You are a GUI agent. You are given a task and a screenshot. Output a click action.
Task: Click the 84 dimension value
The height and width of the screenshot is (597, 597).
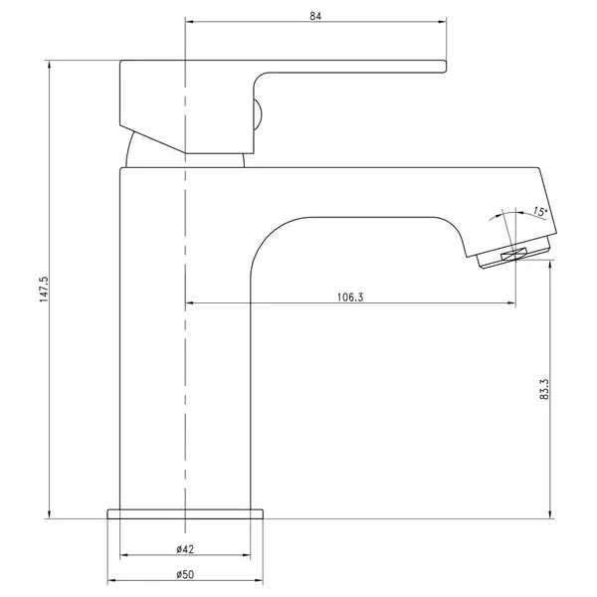tap(315, 16)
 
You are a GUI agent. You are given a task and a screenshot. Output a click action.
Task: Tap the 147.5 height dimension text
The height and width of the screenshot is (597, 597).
tap(44, 290)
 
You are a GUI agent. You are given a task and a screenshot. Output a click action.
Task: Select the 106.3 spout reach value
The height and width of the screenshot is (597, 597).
tap(350, 297)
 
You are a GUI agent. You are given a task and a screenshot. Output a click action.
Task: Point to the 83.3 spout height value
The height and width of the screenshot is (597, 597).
tap(544, 389)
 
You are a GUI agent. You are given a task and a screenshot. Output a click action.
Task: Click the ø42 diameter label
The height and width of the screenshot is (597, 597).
tap(185, 549)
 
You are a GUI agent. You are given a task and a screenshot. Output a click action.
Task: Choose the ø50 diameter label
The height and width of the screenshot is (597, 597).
tap(185, 574)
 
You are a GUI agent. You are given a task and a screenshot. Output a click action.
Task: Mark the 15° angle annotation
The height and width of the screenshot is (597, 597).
tap(540, 211)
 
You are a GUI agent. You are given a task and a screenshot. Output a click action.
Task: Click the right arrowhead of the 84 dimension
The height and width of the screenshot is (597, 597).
tap(442, 22)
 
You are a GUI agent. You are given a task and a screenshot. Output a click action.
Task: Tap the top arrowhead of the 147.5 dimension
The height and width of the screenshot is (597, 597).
tap(49, 65)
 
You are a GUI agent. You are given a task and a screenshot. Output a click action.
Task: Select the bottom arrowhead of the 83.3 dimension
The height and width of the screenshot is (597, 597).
tap(550, 514)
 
